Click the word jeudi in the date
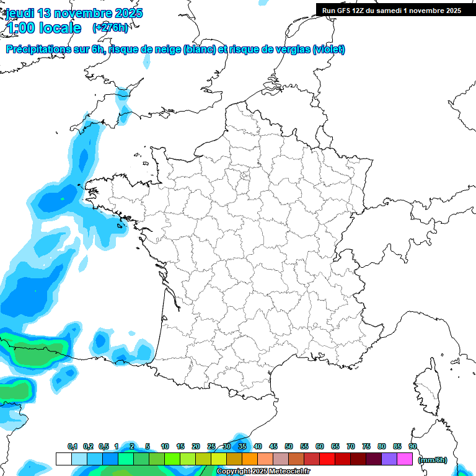[x=20, y=13]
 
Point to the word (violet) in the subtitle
[x=329, y=50]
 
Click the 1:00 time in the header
[x=20, y=28]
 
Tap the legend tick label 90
[x=412, y=447]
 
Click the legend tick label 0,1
[x=73, y=447]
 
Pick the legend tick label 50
[x=289, y=447]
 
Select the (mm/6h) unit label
[x=433, y=460]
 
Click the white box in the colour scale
[x=63, y=459]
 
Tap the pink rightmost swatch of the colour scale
[x=405, y=459]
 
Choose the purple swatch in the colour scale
[x=389, y=459]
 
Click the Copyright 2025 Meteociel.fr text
[x=263, y=472]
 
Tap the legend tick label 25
[x=211, y=447]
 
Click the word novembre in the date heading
[x=77, y=13]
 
